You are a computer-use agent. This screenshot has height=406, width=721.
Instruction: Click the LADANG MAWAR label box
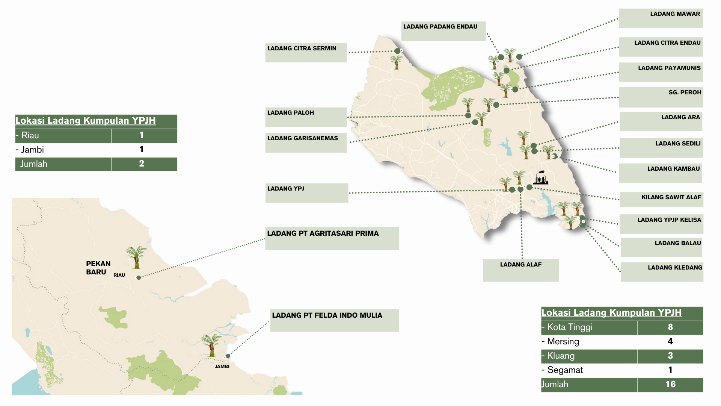661,18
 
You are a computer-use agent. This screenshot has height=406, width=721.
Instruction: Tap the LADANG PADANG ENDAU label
443,31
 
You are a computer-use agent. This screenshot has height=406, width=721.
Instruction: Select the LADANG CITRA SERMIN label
306,52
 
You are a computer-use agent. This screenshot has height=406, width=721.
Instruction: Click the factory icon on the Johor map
541,178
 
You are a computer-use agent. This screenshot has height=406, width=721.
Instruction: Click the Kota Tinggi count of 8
670,327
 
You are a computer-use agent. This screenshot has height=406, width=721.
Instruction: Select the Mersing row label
563,341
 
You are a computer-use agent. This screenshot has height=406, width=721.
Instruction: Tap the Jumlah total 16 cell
670,384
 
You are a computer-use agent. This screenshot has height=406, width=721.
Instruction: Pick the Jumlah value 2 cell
142,164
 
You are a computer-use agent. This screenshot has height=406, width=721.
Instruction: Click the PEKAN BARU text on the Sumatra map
98,268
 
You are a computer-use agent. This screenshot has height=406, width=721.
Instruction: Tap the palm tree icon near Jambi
211,345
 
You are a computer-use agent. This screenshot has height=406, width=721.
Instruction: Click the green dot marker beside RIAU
139,277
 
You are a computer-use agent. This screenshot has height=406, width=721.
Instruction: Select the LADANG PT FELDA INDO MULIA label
334,320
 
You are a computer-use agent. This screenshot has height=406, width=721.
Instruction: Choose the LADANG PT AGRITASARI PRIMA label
332,238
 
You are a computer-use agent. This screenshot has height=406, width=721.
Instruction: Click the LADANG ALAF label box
520,270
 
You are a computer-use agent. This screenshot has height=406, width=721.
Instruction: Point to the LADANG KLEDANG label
662,271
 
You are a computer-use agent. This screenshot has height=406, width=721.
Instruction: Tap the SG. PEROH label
661,97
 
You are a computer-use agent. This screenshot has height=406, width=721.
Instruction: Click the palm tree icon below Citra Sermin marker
396,62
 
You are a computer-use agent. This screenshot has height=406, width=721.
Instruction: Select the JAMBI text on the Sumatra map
222,366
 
